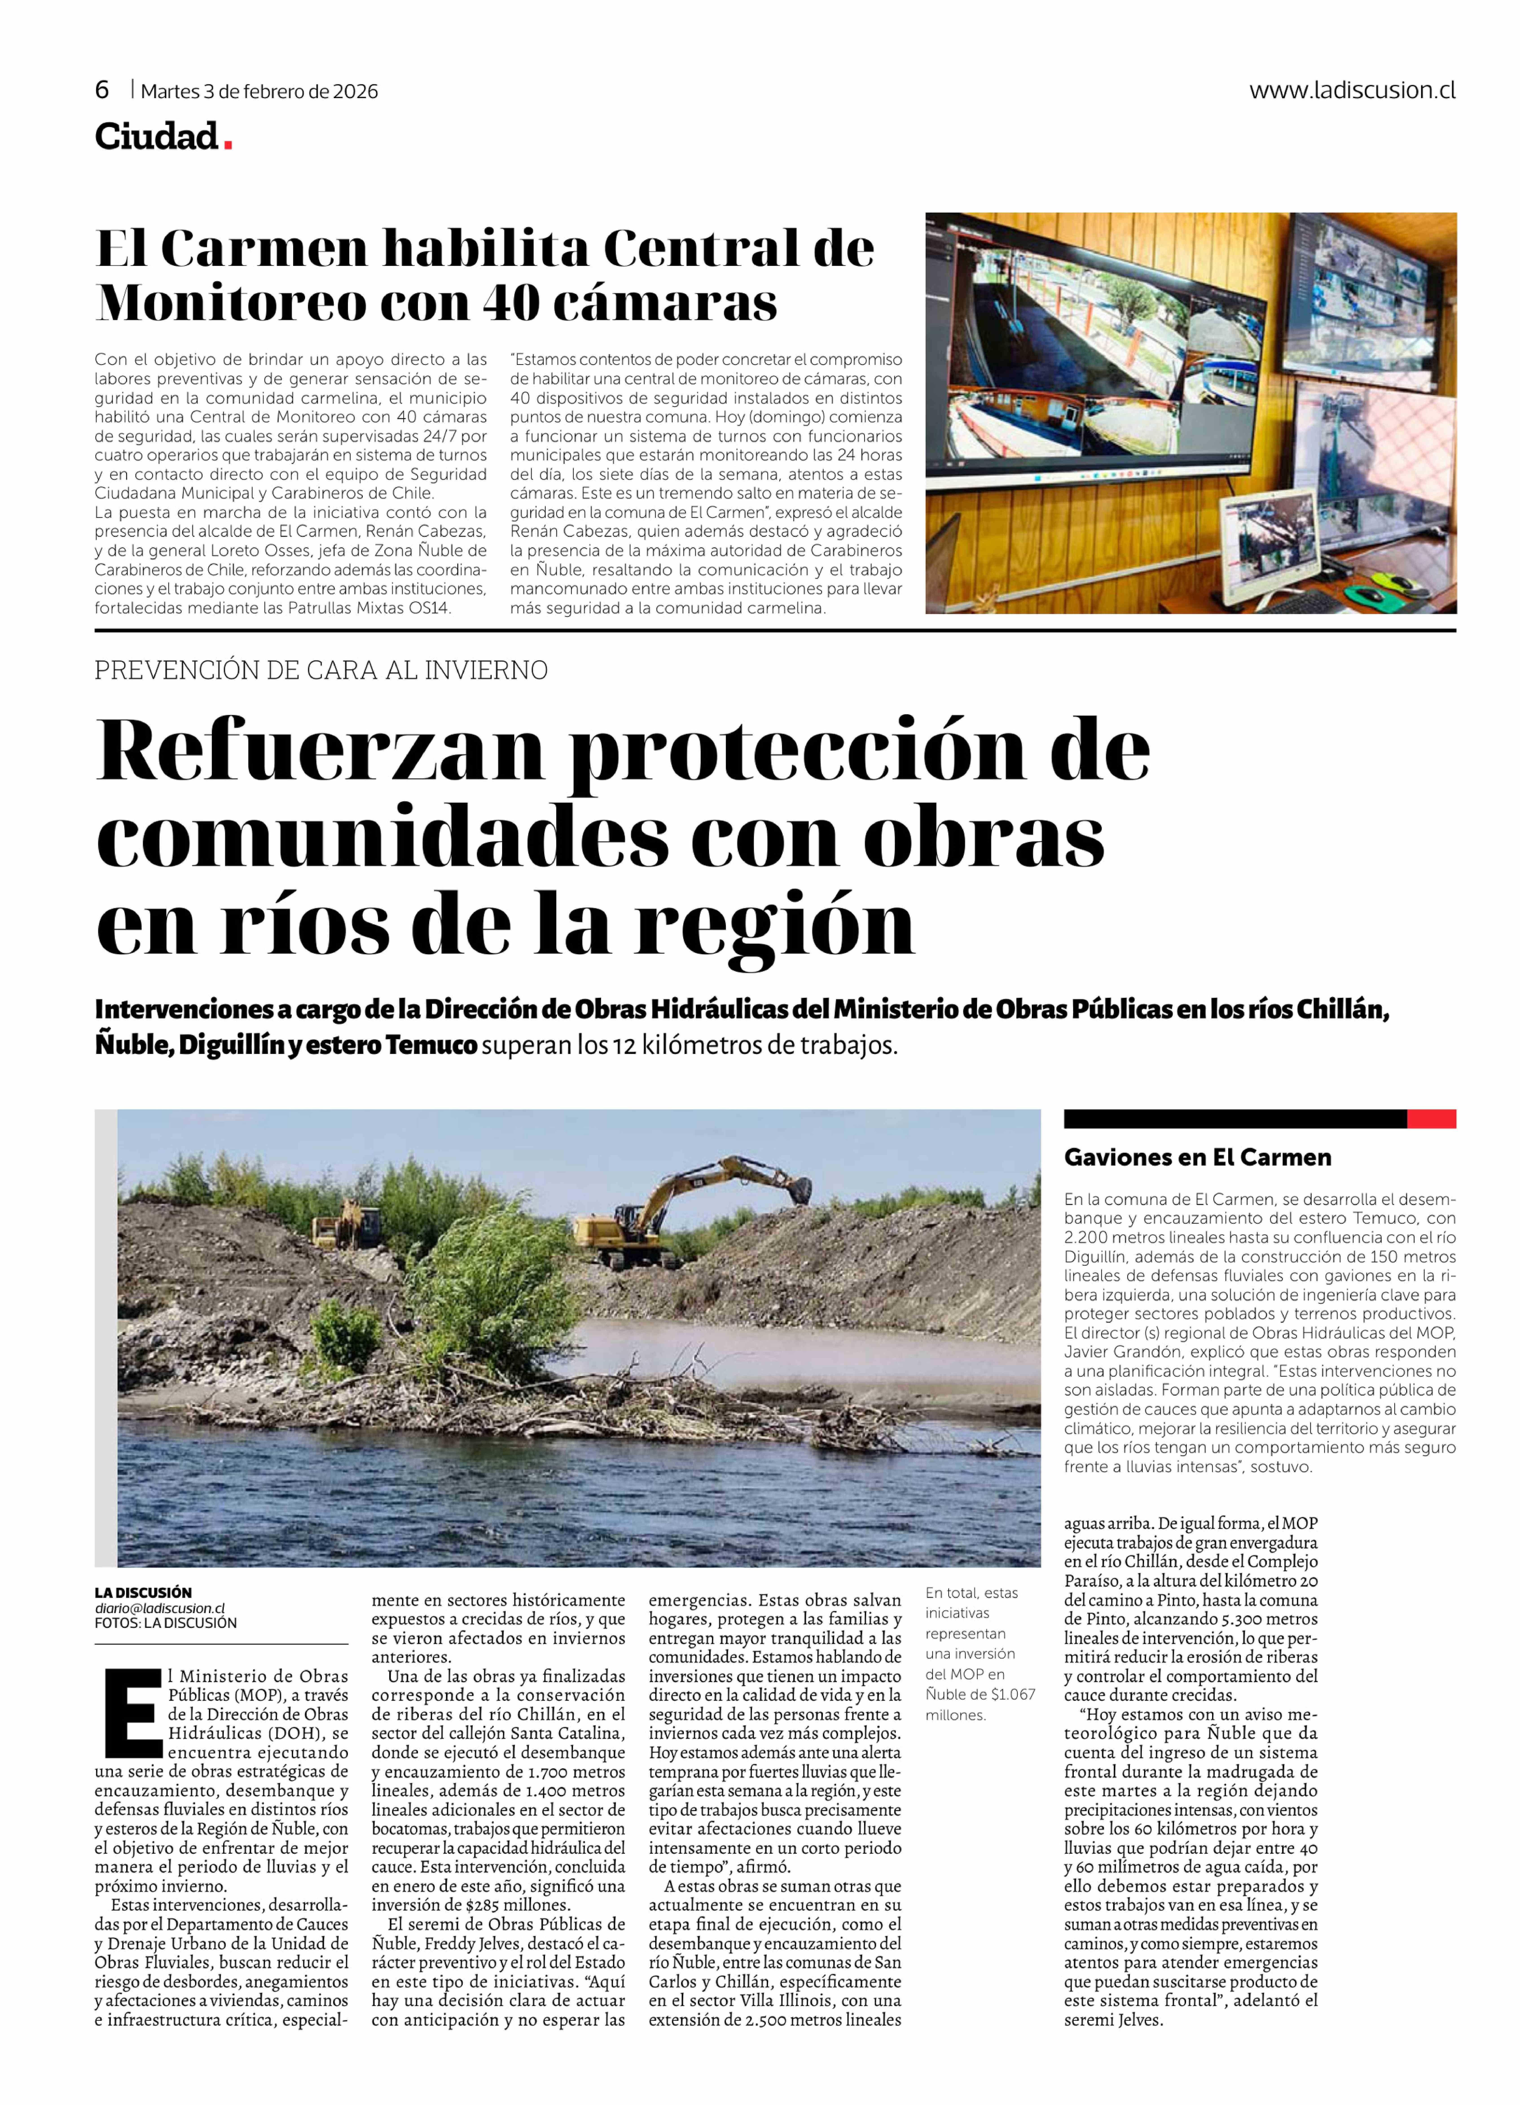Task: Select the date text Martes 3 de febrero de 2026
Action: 260,91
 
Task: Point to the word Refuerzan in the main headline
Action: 320,751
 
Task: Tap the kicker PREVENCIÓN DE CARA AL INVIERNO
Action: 321,670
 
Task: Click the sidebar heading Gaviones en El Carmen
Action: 1197,1157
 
